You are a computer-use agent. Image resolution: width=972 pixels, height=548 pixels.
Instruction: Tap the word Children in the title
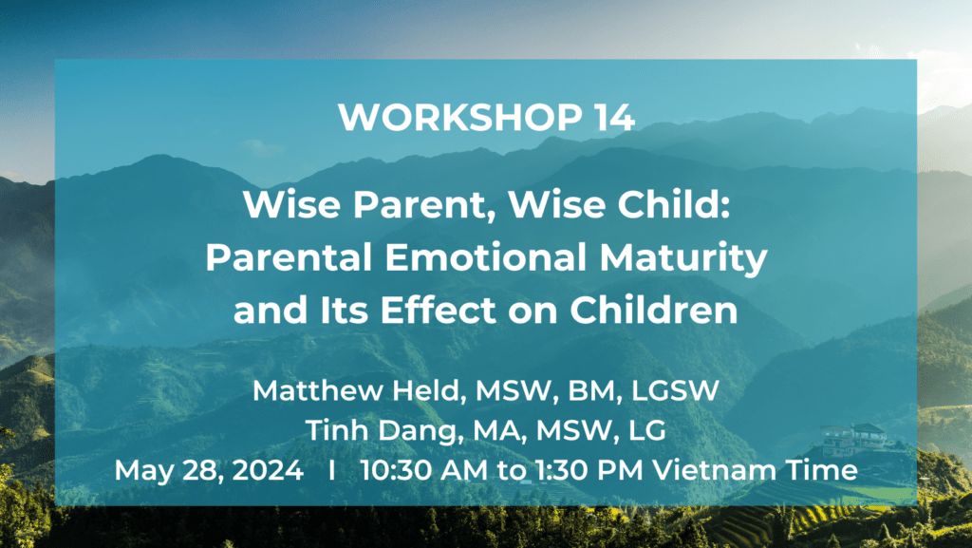pos(654,310)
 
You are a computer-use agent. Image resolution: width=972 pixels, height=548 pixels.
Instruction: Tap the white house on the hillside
pos(853,439)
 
